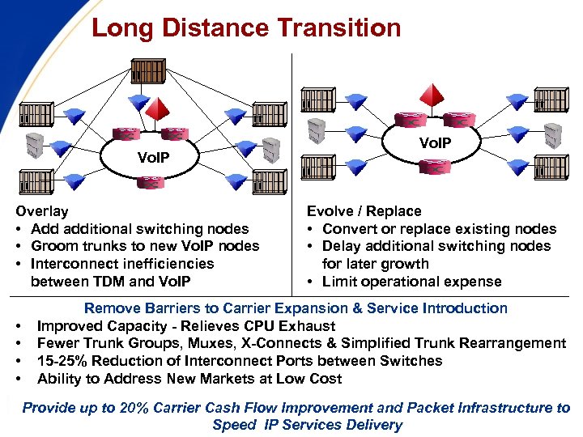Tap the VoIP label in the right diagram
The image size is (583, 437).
click(x=437, y=142)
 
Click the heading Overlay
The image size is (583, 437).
click(x=42, y=211)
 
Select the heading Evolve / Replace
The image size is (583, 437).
click(x=364, y=211)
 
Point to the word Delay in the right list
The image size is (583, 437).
click(x=343, y=246)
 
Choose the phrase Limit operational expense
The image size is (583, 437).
click(x=411, y=282)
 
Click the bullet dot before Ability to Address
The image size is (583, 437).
click(x=18, y=379)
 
